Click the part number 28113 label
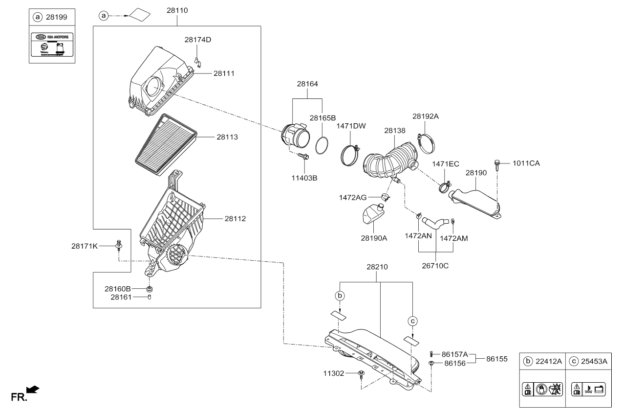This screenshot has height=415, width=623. pos(227,138)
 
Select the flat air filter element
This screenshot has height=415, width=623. pos(165,144)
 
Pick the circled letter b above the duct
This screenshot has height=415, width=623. pos(340,296)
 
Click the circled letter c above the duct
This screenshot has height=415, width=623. pos(413,321)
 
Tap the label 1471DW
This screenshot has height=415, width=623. pos(351,126)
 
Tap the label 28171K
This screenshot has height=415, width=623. pos(85,246)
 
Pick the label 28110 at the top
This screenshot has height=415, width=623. pos(177,10)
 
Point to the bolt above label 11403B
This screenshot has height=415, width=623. pos(302,157)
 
